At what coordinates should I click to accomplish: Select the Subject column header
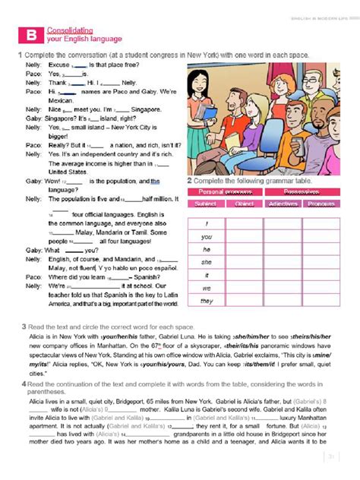point(206,204)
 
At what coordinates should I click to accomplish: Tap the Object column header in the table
point(244,204)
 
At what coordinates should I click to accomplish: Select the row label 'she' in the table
point(207,262)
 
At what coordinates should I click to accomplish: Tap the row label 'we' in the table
point(207,288)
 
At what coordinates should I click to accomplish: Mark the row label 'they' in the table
point(207,301)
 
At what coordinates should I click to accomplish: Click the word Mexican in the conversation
point(59,99)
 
